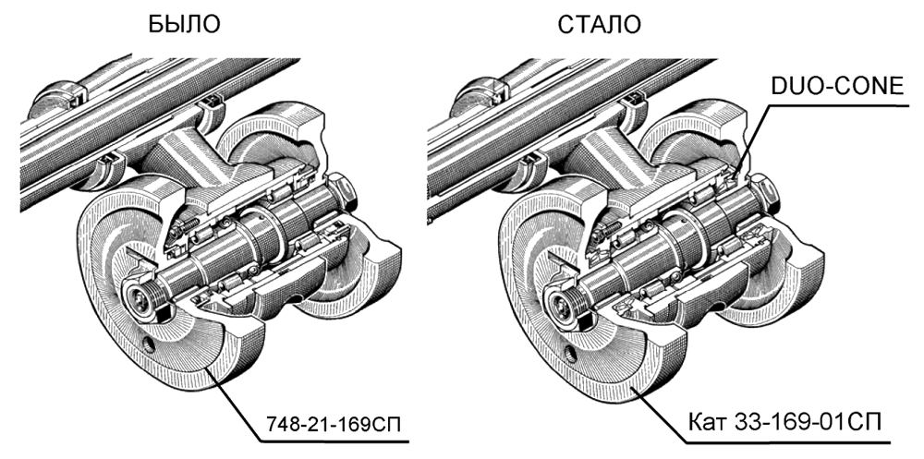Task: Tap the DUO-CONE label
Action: click(x=831, y=87)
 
